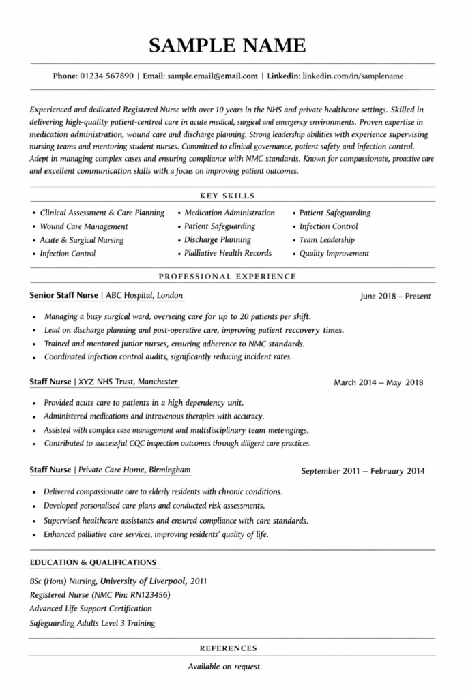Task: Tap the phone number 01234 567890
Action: point(106,76)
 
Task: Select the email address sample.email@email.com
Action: point(212,76)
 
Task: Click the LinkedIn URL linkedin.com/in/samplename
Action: point(352,76)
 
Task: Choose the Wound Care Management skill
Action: point(83,226)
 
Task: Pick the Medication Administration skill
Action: point(229,213)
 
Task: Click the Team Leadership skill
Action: point(327,240)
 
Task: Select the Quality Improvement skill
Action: point(334,254)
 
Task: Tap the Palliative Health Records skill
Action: point(228,253)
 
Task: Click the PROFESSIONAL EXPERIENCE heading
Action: point(227,277)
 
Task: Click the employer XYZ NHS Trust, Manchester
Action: point(128,382)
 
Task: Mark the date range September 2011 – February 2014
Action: point(363,471)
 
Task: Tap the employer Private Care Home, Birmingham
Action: point(134,470)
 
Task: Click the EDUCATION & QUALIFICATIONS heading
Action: point(93,562)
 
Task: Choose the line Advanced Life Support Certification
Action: point(91,609)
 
